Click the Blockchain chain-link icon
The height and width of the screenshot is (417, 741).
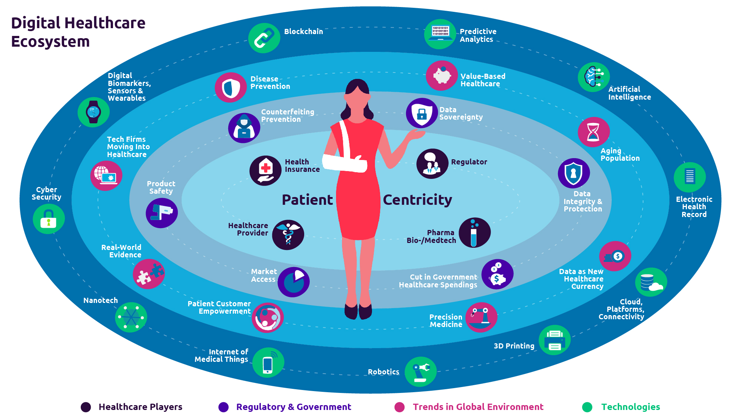tap(264, 38)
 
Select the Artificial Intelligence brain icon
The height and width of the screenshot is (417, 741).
tap(594, 77)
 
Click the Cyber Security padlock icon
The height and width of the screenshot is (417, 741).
tap(49, 219)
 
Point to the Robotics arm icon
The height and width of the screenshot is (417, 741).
tap(421, 371)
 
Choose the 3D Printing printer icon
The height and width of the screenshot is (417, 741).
tap(554, 340)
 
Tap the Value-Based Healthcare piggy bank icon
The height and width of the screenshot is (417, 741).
tap(442, 76)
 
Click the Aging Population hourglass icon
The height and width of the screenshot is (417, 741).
tap(594, 132)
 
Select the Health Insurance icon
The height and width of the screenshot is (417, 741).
tap(265, 170)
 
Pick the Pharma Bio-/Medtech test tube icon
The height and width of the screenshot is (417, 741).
tap(475, 233)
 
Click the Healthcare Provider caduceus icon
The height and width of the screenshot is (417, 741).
tap(288, 235)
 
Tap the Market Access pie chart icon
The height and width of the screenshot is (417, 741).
tap(293, 282)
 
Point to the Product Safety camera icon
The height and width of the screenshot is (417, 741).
tap(162, 213)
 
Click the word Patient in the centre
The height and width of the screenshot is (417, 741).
tap(307, 200)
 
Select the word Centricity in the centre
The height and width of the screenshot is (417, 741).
tap(417, 200)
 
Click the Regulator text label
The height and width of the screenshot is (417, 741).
tap(469, 162)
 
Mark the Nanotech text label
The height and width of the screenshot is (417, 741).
tap(100, 300)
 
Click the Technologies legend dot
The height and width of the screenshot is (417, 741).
tap(587, 407)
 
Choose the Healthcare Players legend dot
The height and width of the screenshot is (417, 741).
tap(86, 407)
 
